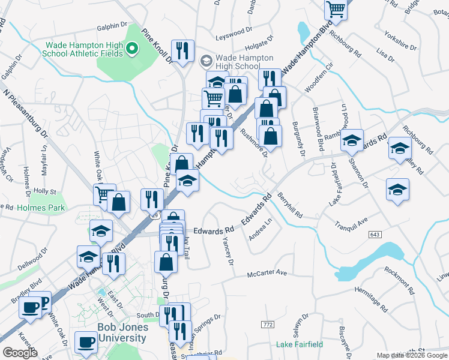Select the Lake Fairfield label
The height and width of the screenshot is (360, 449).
point(300,344)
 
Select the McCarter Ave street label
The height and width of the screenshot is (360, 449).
point(268,275)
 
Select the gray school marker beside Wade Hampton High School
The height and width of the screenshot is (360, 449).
point(206,61)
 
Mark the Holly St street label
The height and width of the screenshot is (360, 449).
point(45,191)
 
